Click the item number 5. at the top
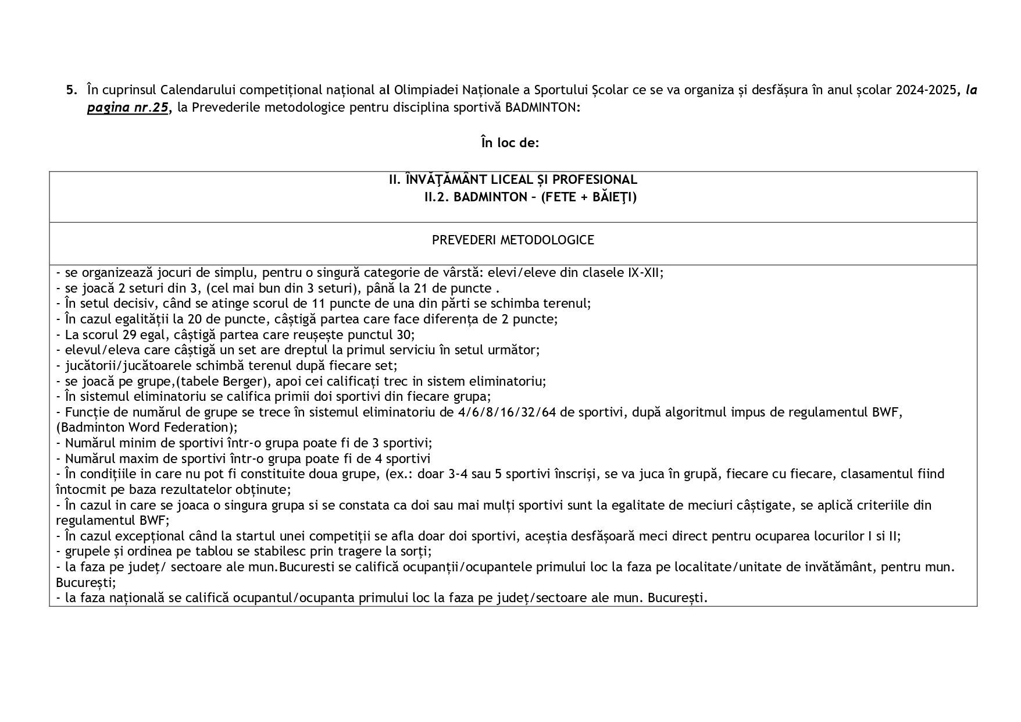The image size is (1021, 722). tap(71, 90)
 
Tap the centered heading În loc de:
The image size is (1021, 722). tap(510, 143)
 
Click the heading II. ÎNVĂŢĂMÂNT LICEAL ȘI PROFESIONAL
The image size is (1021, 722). tap(513, 180)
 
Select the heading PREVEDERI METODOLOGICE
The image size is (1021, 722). tap(513, 240)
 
